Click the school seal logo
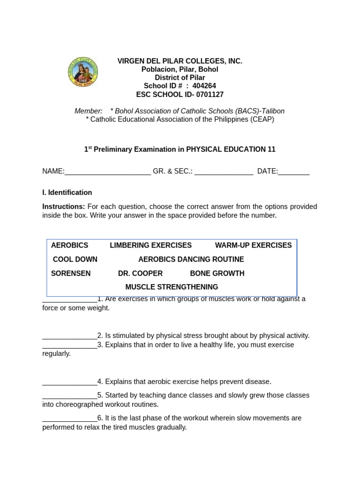[83, 72]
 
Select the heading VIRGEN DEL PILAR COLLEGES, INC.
[180, 61]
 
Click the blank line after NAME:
[108, 172]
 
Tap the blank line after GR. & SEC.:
[224, 172]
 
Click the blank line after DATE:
[294, 172]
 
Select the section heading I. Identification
[67, 193]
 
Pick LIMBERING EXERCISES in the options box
[150, 245]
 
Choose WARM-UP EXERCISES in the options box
[253, 245]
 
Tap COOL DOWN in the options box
[75, 259]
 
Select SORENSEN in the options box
[71, 273]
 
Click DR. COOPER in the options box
[140, 273]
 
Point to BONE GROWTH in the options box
[217, 273]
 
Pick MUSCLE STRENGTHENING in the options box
[172, 287]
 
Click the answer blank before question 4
[69, 382]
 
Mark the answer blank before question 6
[69, 418]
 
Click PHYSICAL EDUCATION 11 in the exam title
[231, 150]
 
